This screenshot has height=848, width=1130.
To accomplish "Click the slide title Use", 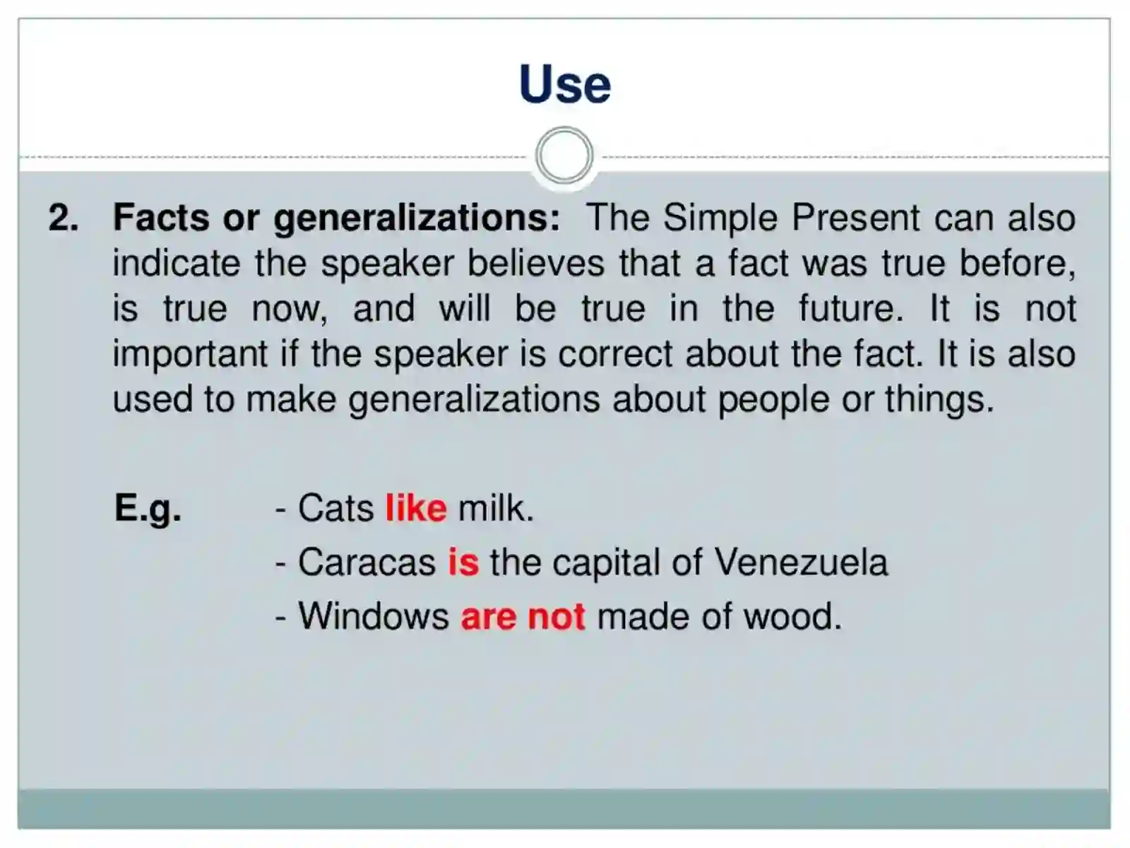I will (x=564, y=84).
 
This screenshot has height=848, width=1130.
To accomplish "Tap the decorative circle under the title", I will (x=564, y=155).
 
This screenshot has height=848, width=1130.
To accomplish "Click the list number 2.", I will (x=63, y=218).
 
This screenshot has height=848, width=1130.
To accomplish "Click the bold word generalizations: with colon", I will (x=417, y=218).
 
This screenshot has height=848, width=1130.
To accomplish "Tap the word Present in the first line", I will (x=856, y=218).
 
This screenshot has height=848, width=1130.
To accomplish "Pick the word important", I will (x=190, y=355).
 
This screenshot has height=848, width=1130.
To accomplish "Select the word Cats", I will (x=335, y=508).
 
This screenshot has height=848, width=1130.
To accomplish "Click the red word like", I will (x=416, y=508).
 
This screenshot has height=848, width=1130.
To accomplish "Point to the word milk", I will (x=496, y=508).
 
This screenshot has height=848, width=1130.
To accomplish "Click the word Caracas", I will (x=367, y=563).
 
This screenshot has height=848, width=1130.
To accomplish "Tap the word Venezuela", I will (x=801, y=563).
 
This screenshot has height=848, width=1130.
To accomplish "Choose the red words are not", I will (x=523, y=616).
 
